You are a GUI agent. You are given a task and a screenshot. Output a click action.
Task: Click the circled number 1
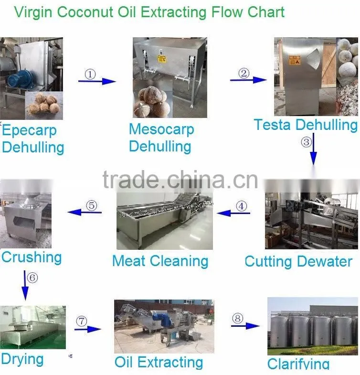pos(90,74)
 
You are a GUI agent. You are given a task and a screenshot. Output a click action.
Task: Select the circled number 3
pos(306,142)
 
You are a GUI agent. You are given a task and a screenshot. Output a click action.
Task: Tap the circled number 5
pos(92,205)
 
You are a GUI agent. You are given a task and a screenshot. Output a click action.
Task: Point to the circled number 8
pos(238,318)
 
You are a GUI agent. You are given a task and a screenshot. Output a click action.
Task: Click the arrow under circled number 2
pos(248,80)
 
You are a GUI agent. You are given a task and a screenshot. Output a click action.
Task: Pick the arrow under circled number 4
pos(233,213)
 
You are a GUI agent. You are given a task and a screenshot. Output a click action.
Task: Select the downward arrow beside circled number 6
pos(25,285)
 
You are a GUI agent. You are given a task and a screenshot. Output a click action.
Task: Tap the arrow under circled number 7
pos(88,329)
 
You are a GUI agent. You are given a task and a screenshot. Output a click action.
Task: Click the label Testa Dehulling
pos(306,125)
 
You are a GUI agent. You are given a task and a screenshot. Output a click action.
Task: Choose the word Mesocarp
pos(161,130)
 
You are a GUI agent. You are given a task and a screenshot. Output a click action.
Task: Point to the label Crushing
pos(32,257)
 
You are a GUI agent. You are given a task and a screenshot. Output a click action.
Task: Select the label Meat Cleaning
pos(160,261)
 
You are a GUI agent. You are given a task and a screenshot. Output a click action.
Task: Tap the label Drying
pos(22,359)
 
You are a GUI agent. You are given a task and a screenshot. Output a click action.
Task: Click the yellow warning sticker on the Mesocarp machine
pos(161,59)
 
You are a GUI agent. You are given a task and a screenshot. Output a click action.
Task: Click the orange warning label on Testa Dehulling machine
pos(295,60)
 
